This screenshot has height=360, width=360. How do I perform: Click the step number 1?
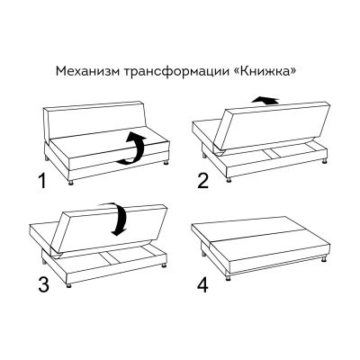(x=40, y=184)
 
